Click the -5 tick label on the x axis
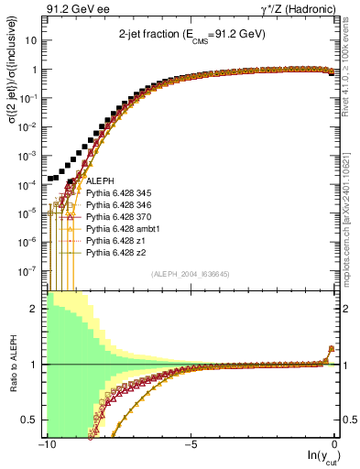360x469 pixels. [191, 444]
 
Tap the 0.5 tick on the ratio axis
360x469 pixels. [34, 420]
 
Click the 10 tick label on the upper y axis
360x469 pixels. [33, 41]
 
